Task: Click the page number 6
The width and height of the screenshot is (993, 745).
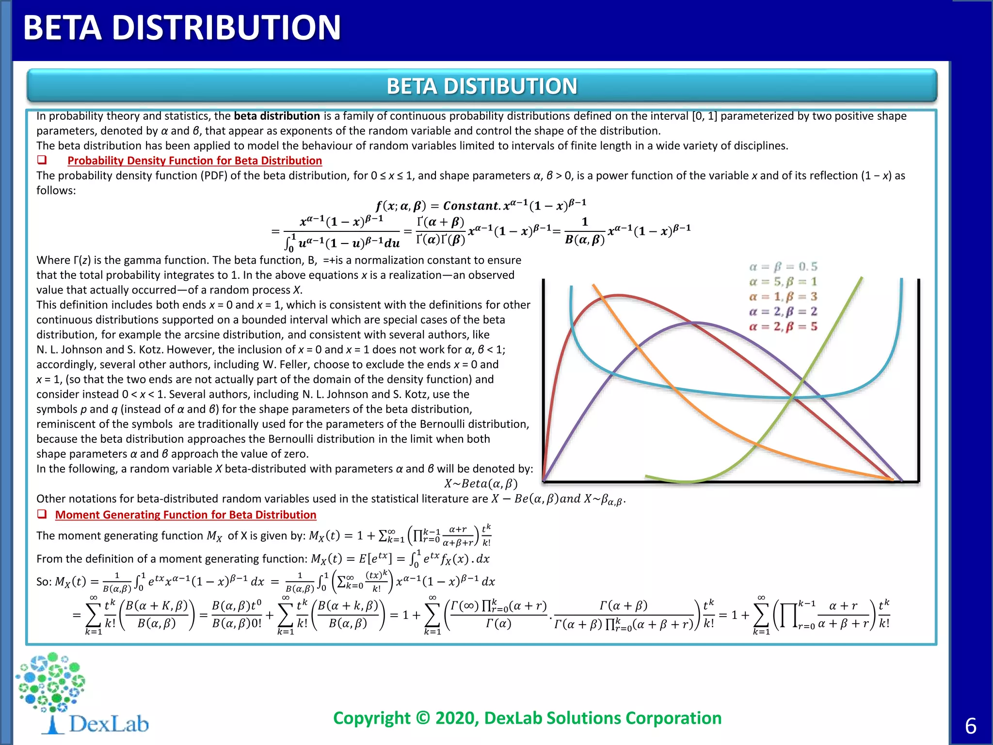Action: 971,726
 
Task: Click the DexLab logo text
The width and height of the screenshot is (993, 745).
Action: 109,724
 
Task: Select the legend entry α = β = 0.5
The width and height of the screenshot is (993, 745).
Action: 783,267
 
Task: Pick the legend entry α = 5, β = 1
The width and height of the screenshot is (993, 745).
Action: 783,282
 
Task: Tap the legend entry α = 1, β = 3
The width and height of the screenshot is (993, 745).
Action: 783,296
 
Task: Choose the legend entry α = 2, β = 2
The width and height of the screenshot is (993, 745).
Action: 783,311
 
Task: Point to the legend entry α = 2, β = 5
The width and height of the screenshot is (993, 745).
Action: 783,326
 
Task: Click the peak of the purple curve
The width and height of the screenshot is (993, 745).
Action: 696,323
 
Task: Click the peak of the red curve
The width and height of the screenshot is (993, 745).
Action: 618,295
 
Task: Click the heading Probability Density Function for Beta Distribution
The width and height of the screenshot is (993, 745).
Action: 194,161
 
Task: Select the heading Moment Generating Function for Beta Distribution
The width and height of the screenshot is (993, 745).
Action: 186,515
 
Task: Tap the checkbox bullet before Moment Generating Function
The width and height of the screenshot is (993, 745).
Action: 42,514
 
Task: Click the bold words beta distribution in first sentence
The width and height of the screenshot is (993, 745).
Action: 276,116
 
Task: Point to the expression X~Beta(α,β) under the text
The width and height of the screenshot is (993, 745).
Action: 481,484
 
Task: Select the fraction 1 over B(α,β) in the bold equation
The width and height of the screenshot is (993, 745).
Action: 585,231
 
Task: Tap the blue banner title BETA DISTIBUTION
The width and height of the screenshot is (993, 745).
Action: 481,86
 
